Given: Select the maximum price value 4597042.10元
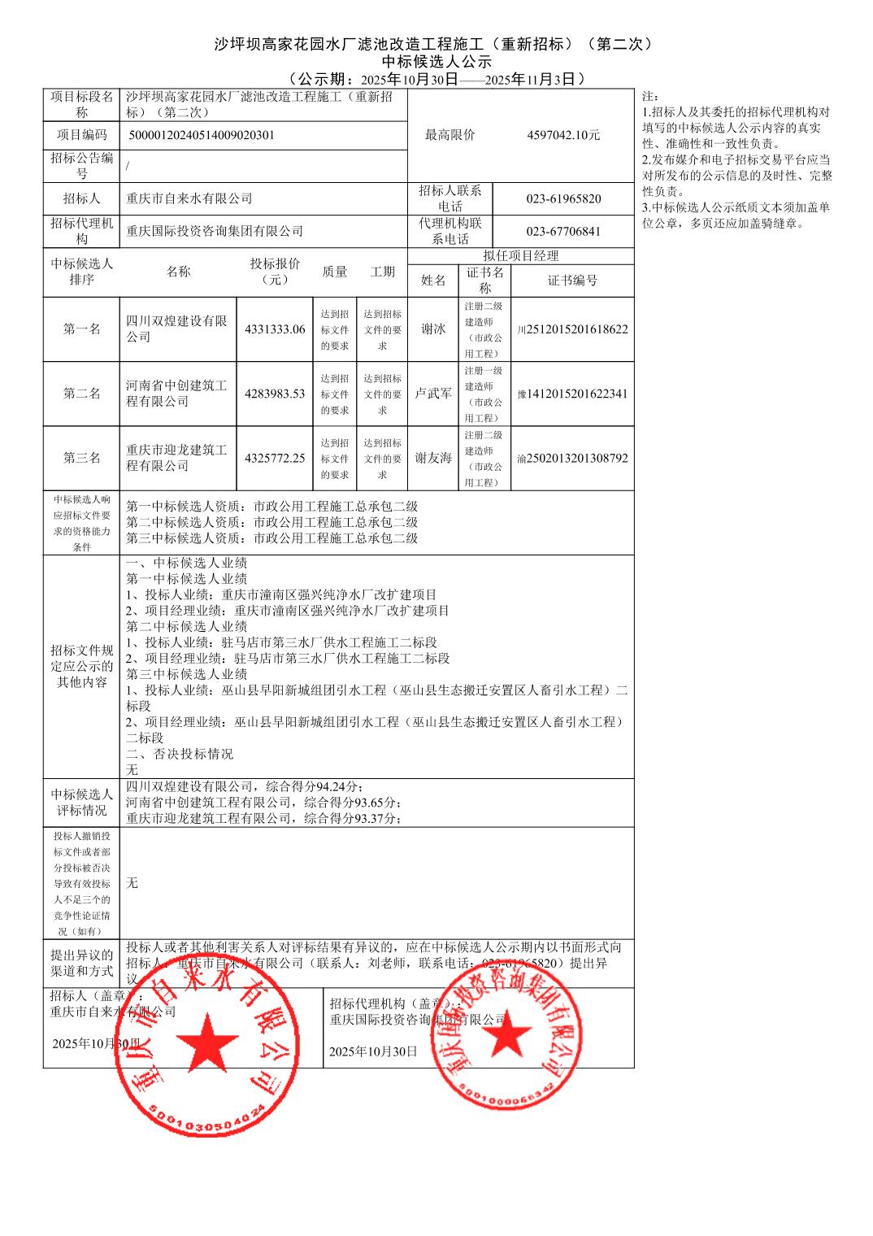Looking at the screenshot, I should pyautogui.click(x=563, y=135).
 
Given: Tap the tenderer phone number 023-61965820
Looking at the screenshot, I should pyautogui.click(x=563, y=198).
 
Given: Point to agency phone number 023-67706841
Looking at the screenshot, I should pyautogui.click(x=563, y=231).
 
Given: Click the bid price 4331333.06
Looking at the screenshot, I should pyautogui.click(x=275, y=329).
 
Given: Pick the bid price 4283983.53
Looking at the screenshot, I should pyautogui.click(x=275, y=394).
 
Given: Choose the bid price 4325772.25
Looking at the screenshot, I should pyautogui.click(x=275, y=458).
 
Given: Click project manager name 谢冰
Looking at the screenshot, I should pyautogui.click(x=433, y=329).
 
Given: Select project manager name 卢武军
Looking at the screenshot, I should pyautogui.click(x=433, y=394).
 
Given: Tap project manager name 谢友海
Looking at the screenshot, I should pyautogui.click(x=433, y=458).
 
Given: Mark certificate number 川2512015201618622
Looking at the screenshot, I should pyautogui.click(x=572, y=329).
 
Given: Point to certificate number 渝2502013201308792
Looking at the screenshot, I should pyautogui.click(x=572, y=458).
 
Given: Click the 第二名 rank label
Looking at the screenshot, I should pyautogui.click(x=82, y=394).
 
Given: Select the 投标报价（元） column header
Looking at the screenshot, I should pyautogui.click(x=275, y=272).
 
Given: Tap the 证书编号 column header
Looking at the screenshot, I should pyautogui.click(x=572, y=281).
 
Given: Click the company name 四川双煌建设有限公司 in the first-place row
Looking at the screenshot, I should pyautogui.click(x=176, y=329).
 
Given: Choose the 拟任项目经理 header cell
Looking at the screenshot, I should pyautogui.click(x=520, y=256).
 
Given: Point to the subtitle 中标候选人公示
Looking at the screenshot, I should pyautogui.click(x=436, y=61).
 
